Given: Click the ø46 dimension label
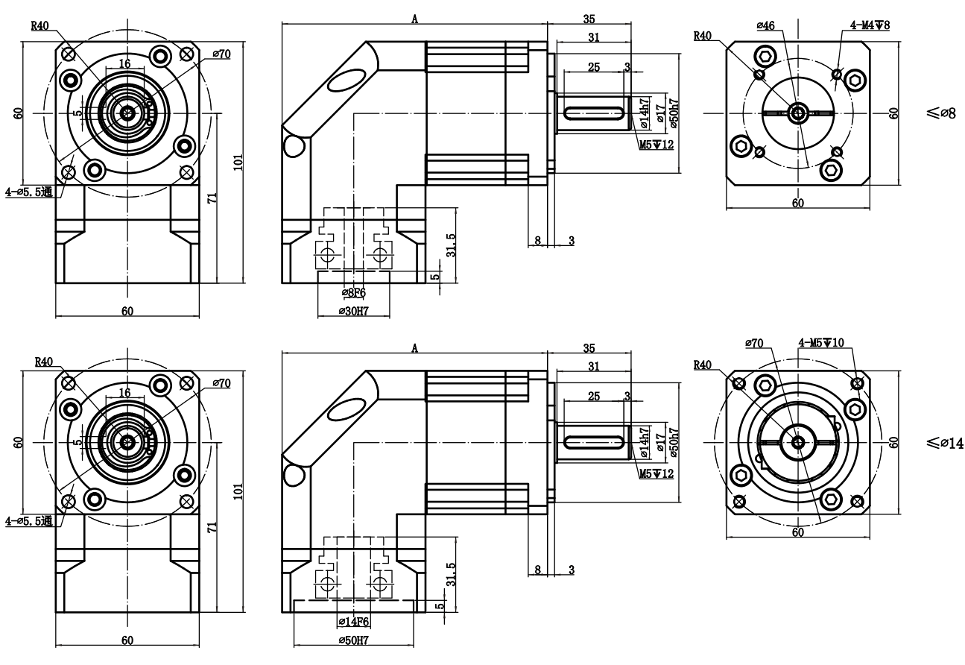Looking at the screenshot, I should [765, 25].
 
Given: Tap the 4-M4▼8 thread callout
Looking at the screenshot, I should [870, 25].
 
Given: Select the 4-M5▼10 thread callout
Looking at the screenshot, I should [821, 343].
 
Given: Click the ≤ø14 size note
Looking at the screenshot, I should [945, 443].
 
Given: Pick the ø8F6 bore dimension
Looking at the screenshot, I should [353, 292].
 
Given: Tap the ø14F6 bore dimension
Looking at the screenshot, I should [354, 621].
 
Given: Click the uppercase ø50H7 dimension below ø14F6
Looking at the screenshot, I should [354, 640].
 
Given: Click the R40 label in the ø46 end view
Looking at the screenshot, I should [703, 35].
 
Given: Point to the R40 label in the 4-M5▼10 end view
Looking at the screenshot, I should [703, 365].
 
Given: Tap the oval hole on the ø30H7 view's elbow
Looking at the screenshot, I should [347, 80].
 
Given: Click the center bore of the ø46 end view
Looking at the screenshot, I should [799, 113].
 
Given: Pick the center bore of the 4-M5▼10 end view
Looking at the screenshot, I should [799, 442].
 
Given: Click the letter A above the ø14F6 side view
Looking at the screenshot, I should [415, 347].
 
